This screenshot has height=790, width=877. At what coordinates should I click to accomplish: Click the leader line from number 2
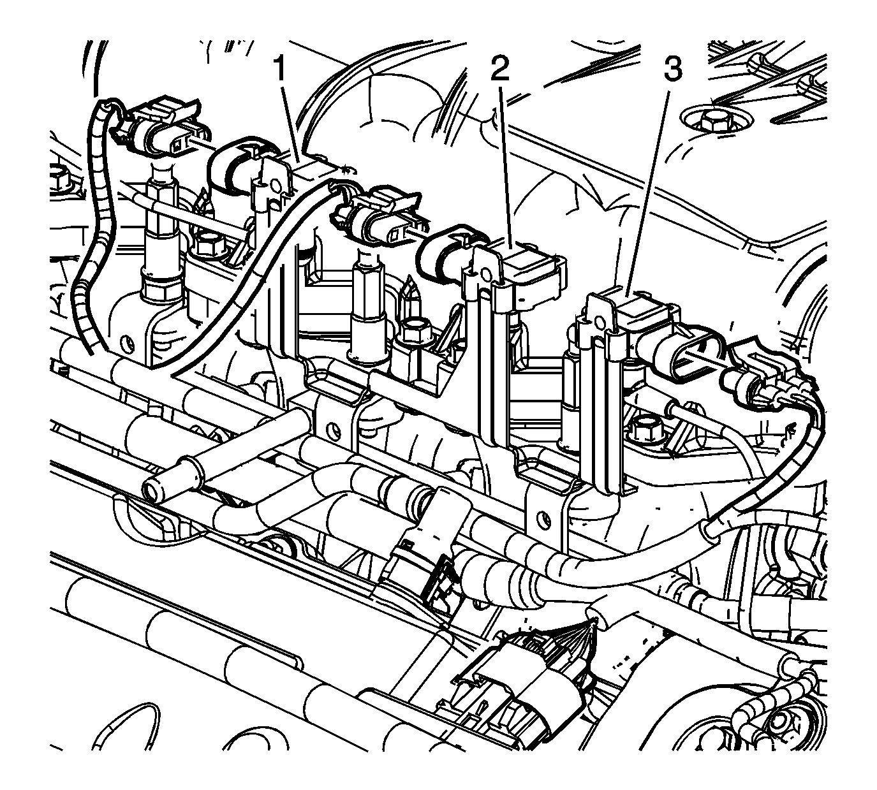pyautogui.click(x=506, y=166)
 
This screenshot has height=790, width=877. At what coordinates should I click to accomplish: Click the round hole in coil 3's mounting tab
pyautogui.click(x=600, y=322)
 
